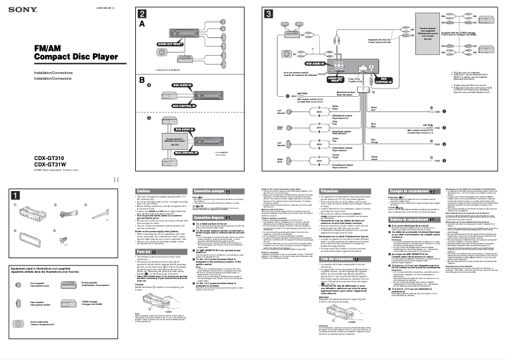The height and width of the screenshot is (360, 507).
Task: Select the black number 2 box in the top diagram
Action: (x=143, y=13)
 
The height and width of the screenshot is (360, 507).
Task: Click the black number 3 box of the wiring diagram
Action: (x=269, y=13)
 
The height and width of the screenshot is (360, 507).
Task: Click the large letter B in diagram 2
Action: (x=143, y=80)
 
